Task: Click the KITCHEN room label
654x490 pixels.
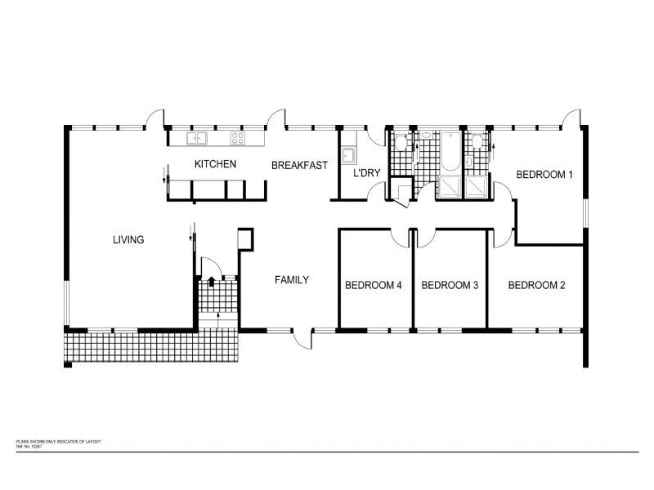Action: (215, 164)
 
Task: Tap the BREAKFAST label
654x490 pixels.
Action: (299, 165)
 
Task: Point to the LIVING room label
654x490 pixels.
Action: (128, 240)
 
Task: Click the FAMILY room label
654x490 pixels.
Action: (291, 280)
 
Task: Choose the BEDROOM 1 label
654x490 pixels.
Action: (544, 174)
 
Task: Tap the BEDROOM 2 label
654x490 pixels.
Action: (537, 285)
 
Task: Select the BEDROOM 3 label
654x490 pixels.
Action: (449, 285)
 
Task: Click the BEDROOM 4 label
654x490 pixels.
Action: (373, 285)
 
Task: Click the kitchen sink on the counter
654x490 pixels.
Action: (197, 138)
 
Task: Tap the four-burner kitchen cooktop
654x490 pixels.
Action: (238, 138)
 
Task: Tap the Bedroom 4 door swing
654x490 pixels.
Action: (400, 236)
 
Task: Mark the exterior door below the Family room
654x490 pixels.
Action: (304, 336)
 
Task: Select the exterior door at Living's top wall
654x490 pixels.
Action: (155, 119)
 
